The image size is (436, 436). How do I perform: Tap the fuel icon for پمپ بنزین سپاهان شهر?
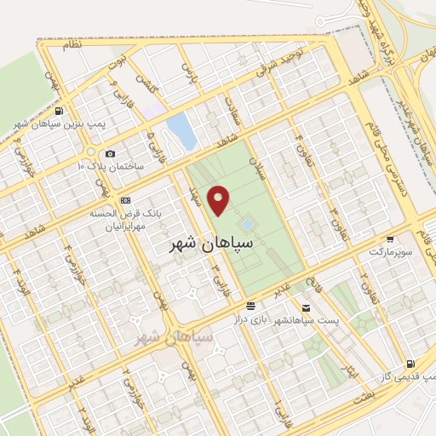pos(57,111)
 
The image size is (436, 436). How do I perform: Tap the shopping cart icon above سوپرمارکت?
pos(390,240)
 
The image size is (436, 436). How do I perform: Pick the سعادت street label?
pos(231,106)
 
